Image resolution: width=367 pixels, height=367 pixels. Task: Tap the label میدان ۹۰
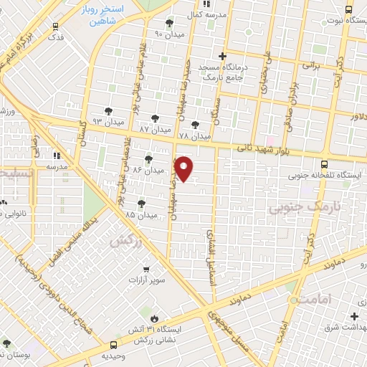coord(169,34)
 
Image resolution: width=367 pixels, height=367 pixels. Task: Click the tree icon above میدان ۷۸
coord(195,124)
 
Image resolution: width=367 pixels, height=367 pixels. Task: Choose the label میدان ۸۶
coord(148,169)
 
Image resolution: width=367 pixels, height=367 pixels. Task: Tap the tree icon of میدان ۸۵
coord(141,203)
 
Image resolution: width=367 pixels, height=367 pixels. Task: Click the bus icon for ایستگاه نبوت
coord(348,10)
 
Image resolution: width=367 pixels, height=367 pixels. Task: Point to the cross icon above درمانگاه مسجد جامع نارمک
coord(223,56)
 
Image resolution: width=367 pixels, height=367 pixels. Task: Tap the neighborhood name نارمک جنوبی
coord(296,208)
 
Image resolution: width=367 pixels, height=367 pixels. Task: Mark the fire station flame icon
coord(154,317)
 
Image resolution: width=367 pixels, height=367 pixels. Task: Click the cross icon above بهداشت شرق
coord(354,316)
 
